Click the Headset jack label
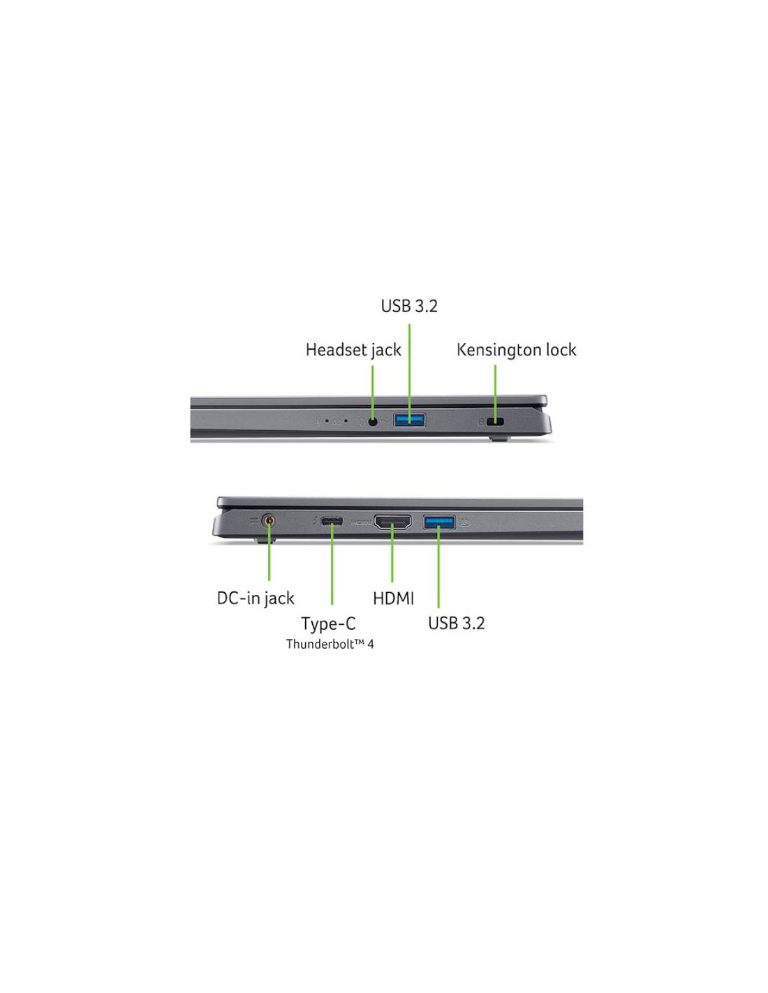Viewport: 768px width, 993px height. click(353, 350)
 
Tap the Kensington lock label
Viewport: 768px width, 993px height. click(516, 350)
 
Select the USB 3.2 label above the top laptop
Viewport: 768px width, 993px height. click(409, 306)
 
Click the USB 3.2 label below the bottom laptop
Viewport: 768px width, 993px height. click(456, 624)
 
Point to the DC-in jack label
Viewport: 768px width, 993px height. click(256, 598)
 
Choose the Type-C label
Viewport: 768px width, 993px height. click(328, 624)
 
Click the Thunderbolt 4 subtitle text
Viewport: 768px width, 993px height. click(330, 645)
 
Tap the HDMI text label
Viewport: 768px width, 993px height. click(393, 598)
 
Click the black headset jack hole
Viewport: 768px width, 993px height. click(373, 422)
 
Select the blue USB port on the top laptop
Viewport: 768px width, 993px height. click(409, 419)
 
